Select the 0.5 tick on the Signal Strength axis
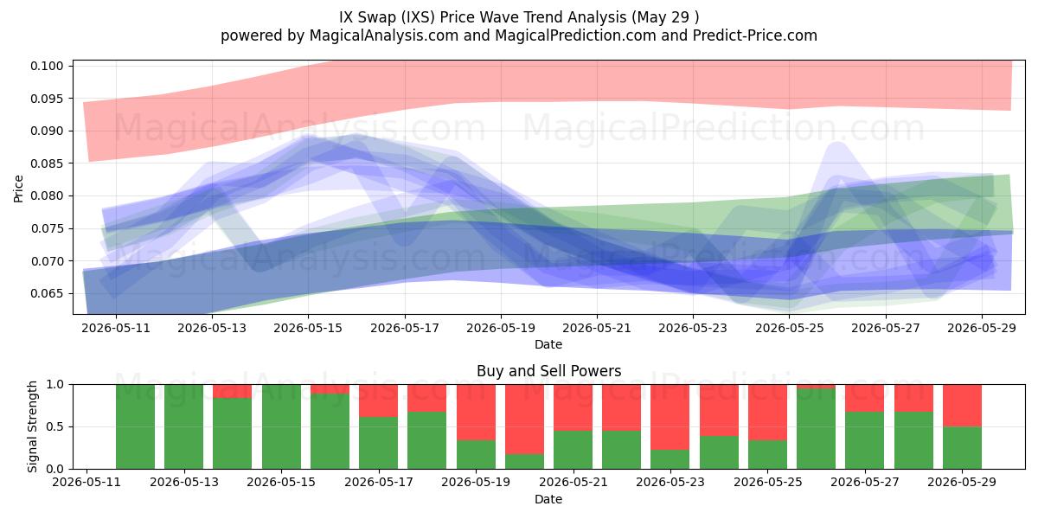[55, 426]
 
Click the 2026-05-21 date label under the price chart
[596, 329]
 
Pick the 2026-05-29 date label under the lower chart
[962, 483]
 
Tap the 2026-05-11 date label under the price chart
[116, 329]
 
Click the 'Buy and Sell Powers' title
[548, 371]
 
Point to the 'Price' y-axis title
[18, 189]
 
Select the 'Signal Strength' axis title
[32, 426]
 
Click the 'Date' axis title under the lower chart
[548, 500]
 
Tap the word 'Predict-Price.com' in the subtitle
[755, 35]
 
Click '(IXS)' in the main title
[418, 17]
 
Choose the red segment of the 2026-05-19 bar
[476, 413]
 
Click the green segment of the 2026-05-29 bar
[962, 448]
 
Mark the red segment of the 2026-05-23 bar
[670, 417]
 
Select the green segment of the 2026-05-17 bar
[378, 443]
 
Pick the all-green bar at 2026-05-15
[281, 426]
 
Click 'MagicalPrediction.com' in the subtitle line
[575, 35]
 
